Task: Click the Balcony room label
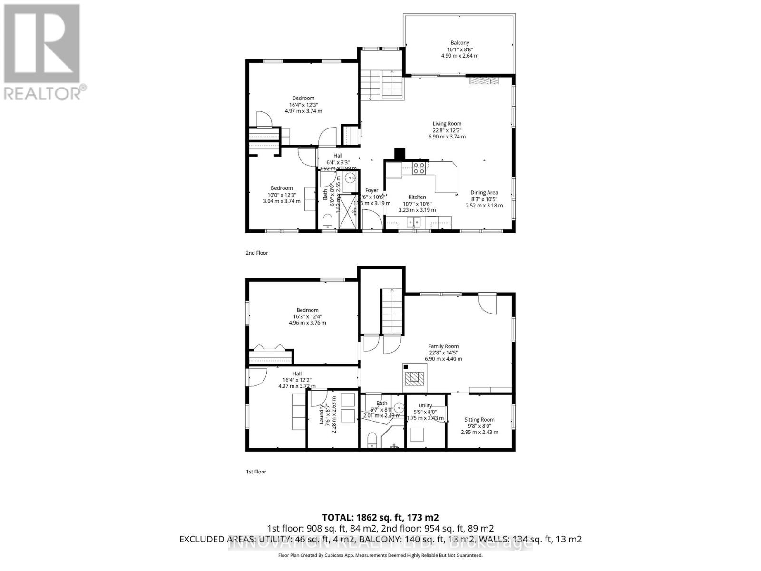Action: tap(459, 49)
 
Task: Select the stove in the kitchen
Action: tap(419, 168)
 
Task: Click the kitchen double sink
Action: tap(413, 222)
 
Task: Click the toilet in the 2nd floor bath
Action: tap(327, 222)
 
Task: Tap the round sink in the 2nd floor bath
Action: tap(350, 179)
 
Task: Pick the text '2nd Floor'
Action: tap(257, 253)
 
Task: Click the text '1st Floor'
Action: tap(256, 472)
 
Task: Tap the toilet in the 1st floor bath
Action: tap(371, 440)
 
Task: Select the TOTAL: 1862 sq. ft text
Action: tap(380, 517)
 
